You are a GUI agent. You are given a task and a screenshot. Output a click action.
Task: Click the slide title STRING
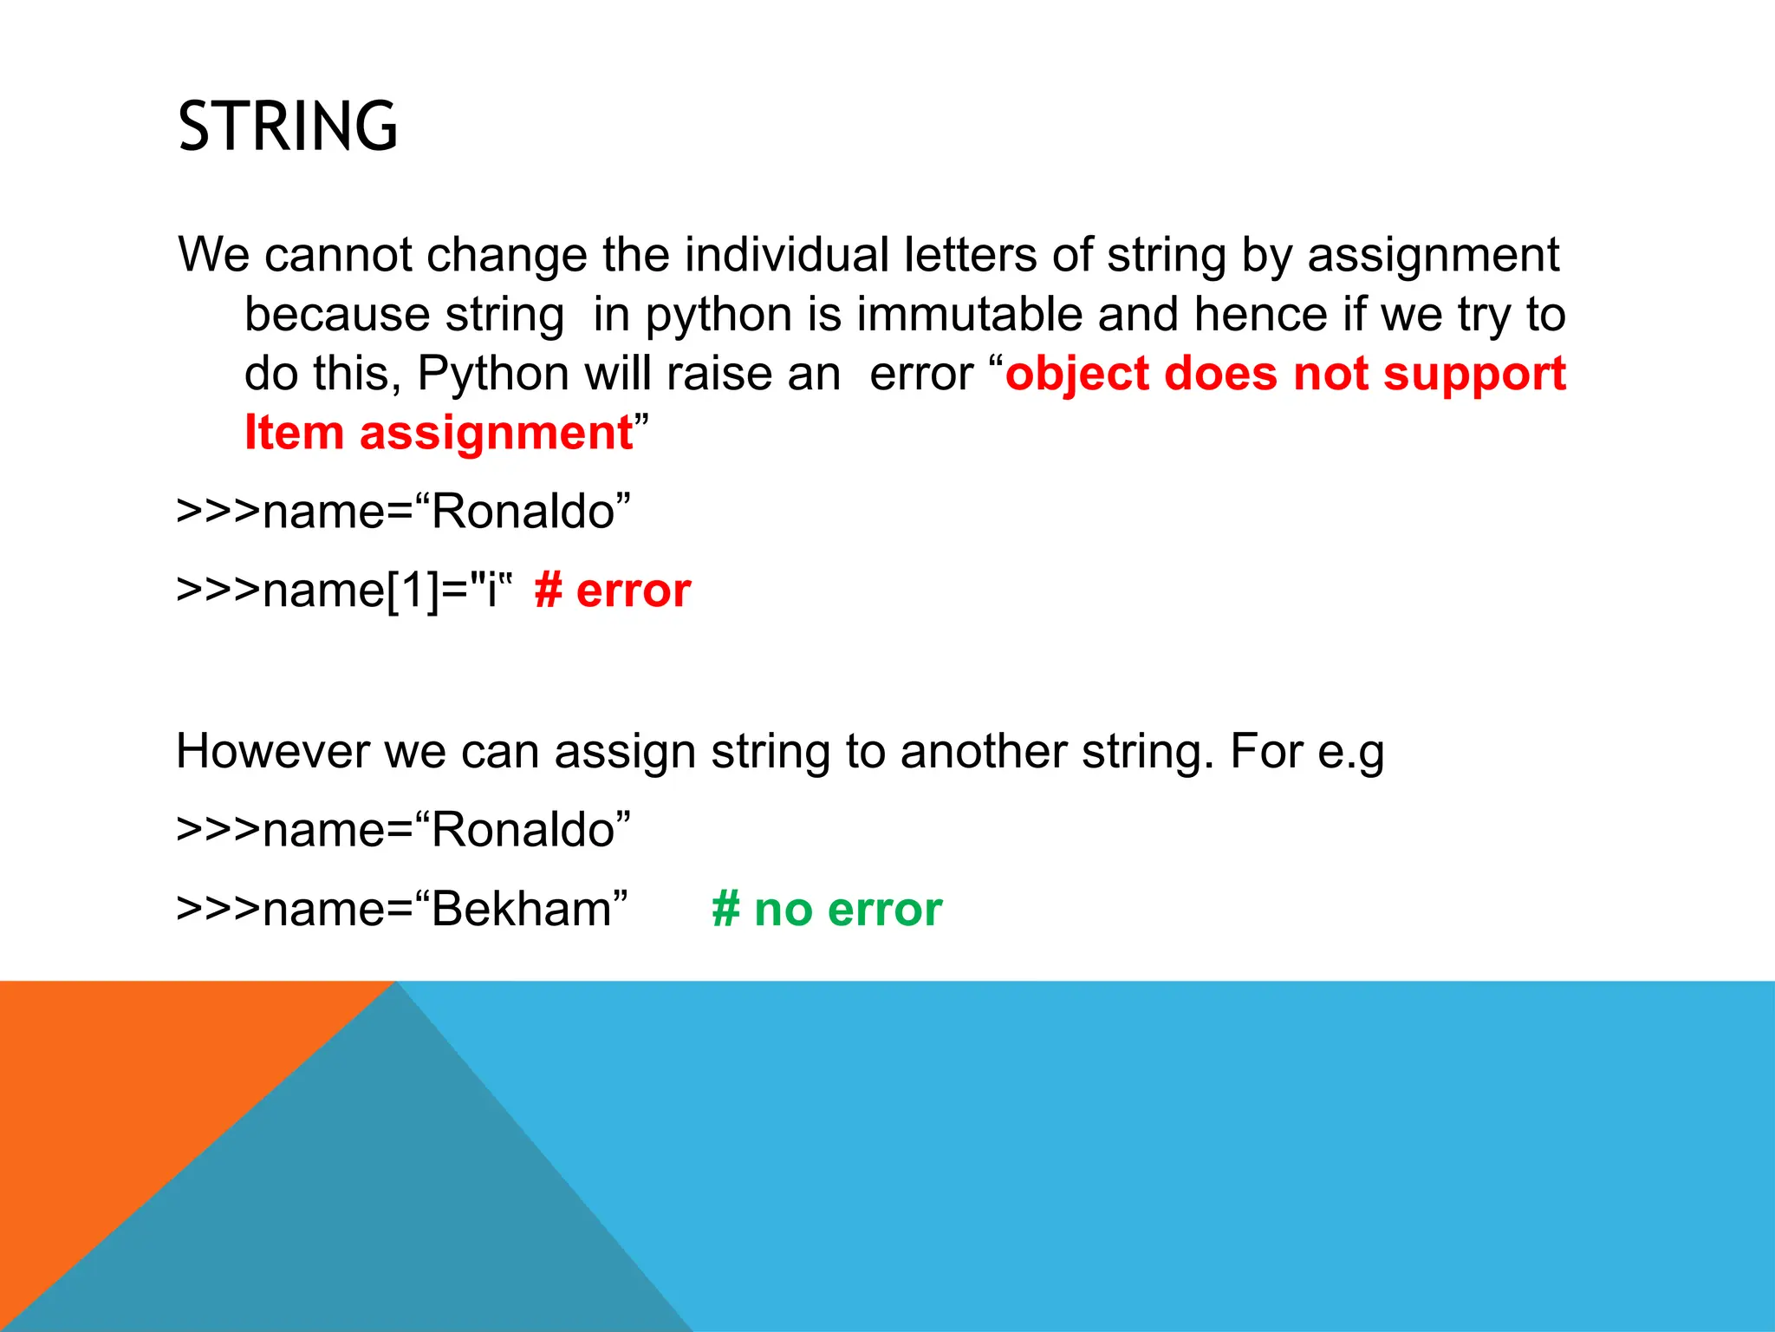point(288,127)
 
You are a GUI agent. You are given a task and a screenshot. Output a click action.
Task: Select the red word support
point(1474,375)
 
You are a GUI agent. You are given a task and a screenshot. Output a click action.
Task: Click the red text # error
point(613,591)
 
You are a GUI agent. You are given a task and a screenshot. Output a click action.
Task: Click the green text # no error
point(826,910)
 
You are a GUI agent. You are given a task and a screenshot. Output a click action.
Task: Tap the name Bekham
point(522,910)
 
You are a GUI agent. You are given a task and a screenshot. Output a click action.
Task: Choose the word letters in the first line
point(970,255)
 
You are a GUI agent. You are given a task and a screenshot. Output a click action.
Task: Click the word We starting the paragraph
point(213,255)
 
